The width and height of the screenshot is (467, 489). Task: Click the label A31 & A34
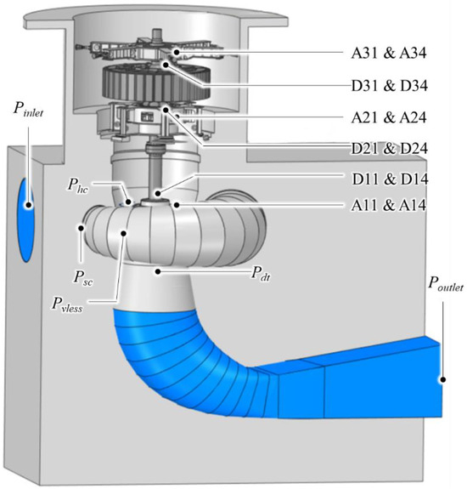(389, 53)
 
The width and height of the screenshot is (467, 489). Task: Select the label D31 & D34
(390, 86)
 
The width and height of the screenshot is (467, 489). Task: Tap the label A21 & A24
(389, 117)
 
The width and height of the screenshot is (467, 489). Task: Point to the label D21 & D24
(390, 149)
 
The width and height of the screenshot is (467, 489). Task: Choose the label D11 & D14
(390, 179)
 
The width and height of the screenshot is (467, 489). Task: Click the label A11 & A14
(389, 205)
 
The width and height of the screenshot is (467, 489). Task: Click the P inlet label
(28, 110)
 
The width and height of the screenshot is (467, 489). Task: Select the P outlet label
(446, 284)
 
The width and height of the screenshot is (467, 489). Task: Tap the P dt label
(261, 274)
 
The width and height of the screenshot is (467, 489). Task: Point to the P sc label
(83, 277)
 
